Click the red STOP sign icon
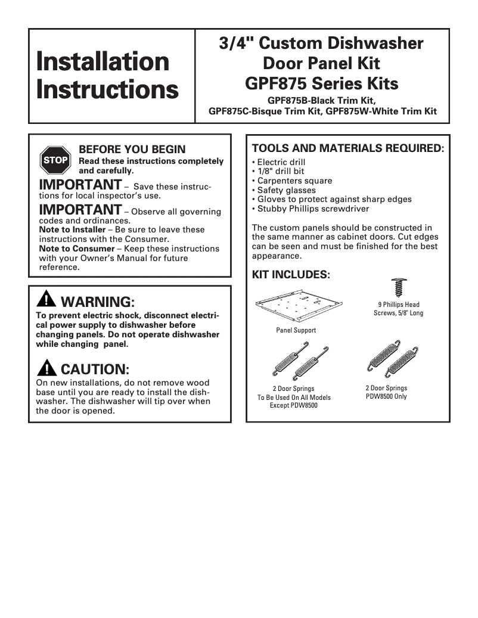[x=55, y=160]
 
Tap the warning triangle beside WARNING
[x=46, y=300]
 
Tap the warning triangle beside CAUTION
[x=46, y=368]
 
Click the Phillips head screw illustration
[x=398, y=287]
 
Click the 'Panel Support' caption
[x=296, y=330]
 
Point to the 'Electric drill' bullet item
[x=281, y=162]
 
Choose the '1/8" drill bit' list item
[x=280, y=172]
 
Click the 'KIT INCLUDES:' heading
[x=291, y=275]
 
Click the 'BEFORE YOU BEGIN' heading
[x=132, y=150]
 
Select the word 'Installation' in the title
[x=103, y=62]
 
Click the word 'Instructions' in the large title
[x=107, y=89]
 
